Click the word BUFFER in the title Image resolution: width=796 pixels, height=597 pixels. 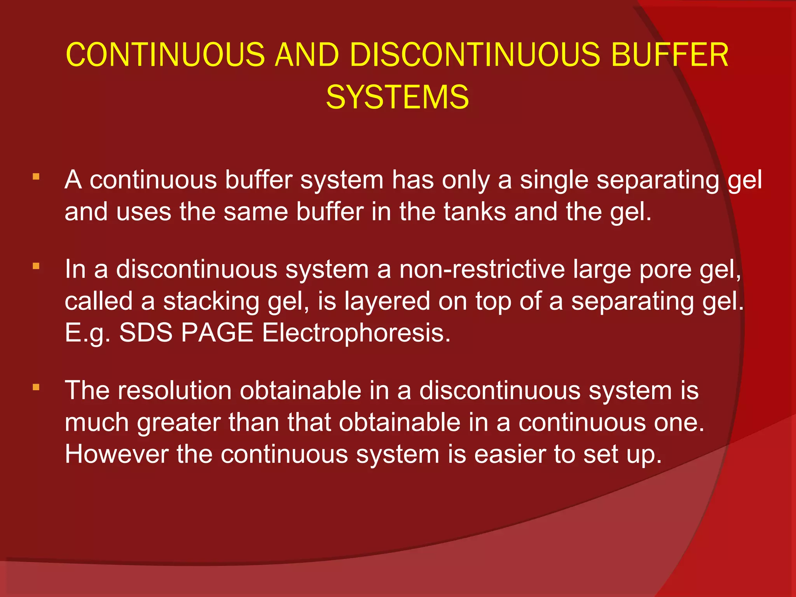(669, 55)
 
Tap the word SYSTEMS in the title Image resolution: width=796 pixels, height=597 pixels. (397, 97)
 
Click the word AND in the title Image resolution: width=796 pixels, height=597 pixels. (307, 55)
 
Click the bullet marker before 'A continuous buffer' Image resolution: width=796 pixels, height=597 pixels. (36, 177)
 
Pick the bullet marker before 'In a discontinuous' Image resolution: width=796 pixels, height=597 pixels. (36, 266)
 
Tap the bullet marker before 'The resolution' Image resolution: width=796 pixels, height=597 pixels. (36, 387)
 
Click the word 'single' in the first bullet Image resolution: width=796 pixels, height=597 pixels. (554, 180)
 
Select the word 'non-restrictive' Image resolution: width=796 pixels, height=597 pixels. (482, 269)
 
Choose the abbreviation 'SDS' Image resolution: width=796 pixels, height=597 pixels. (146, 333)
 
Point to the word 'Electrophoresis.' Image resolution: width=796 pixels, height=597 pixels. (356, 333)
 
